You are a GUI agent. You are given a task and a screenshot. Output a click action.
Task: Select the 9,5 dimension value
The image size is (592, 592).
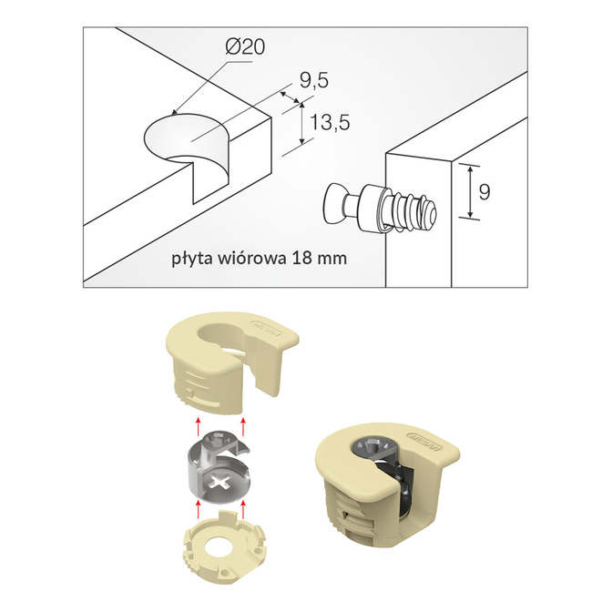(312, 81)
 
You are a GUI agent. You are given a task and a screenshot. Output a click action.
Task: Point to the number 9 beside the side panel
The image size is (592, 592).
(485, 191)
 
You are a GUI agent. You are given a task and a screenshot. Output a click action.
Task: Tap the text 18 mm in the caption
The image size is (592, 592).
(320, 257)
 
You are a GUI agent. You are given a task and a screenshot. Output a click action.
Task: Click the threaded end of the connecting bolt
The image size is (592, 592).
(421, 213)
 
